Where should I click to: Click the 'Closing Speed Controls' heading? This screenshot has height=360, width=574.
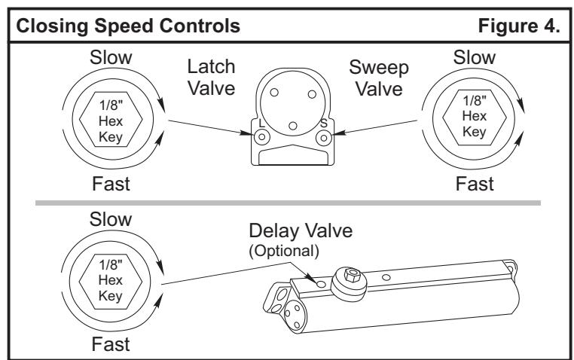[128, 26]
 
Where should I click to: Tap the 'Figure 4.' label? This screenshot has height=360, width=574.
[519, 26]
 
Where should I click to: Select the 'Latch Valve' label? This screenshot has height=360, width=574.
[211, 78]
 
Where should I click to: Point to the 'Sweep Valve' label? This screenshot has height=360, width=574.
[379, 78]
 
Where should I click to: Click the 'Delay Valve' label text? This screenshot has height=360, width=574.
[301, 231]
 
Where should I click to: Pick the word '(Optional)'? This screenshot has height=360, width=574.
[284, 252]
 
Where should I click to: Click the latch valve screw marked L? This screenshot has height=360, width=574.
[261, 138]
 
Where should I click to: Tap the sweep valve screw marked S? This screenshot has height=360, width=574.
[324, 138]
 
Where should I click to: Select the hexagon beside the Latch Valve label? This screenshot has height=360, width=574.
[111, 119]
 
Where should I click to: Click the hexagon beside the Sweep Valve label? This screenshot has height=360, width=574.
[475, 117]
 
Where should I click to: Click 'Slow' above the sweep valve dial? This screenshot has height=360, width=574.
[475, 57]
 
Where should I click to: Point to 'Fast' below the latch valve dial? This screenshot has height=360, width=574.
[111, 184]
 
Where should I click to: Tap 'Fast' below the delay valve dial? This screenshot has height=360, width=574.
[111, 344]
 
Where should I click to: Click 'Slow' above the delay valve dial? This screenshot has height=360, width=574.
[111, 219]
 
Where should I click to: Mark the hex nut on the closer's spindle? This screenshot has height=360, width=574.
[353, 274]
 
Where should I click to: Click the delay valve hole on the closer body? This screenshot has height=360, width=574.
[321, 284]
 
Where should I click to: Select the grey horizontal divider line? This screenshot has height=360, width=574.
[288, 203]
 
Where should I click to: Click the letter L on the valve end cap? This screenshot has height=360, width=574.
[261, 124]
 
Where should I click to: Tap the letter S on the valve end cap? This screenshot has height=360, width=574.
[324, 124]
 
